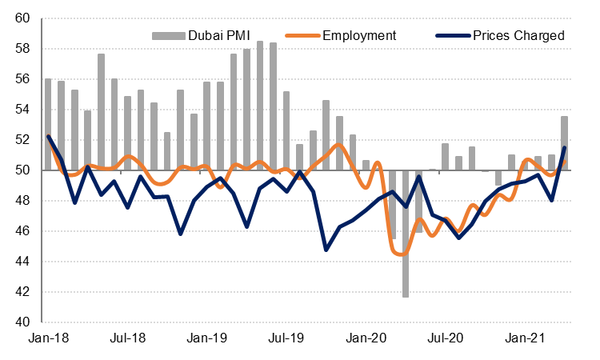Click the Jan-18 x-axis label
point(48,339)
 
